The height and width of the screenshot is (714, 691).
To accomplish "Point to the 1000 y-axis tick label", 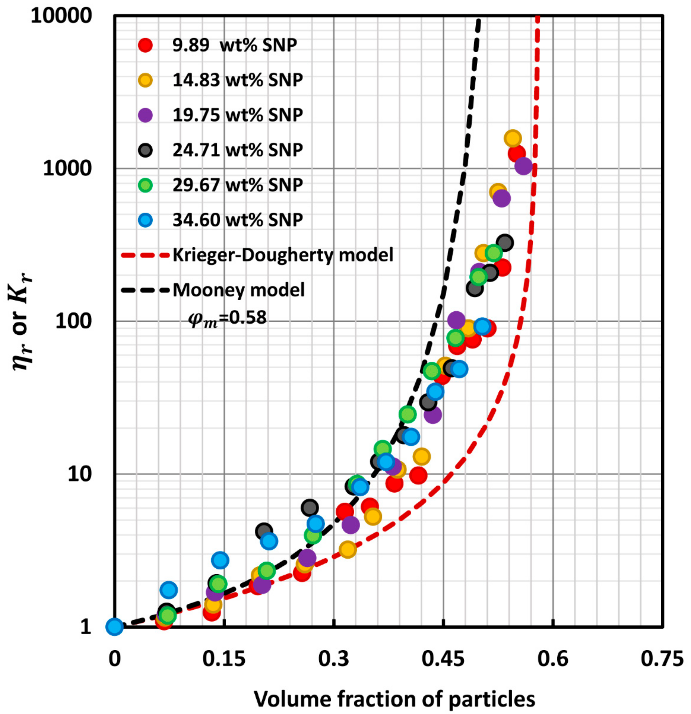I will (66, 169).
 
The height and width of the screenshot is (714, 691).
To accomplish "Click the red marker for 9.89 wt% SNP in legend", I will (146, 45).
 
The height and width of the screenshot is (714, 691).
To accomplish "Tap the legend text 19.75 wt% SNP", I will (238, 115).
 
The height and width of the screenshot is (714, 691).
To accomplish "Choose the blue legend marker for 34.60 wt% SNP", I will (146, 220).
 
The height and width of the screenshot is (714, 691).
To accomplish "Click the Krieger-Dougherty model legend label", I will (283, 255).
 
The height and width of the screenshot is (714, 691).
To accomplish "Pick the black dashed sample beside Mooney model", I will (146, 290).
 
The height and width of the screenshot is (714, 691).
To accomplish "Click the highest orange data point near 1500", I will (513, 138).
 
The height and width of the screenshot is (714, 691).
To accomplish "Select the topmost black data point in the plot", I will (505, 242).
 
